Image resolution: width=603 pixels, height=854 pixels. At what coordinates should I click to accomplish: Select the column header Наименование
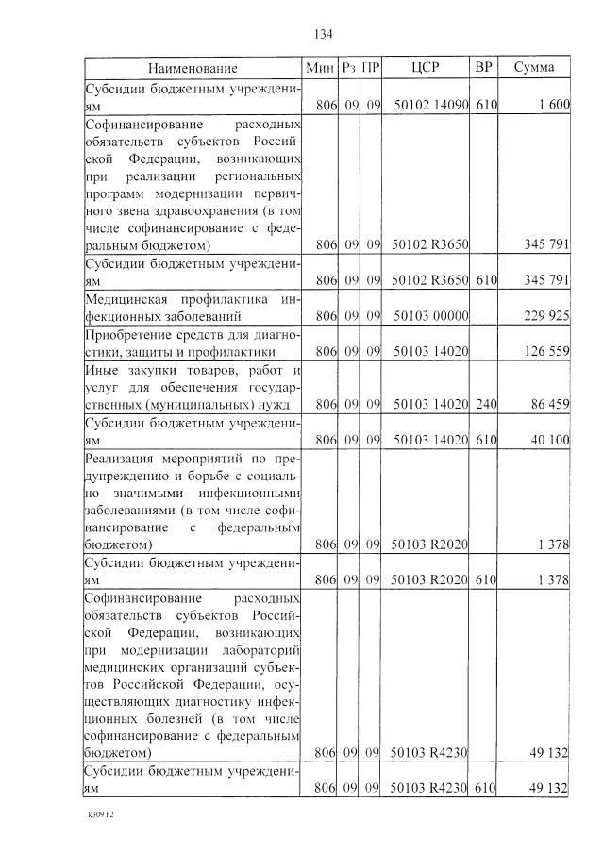[193, 68]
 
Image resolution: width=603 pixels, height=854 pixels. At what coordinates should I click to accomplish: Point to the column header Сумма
[534, 68]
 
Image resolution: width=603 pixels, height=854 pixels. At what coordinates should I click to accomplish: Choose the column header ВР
[484, 68]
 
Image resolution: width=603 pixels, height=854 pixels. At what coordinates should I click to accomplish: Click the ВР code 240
[486, 405]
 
